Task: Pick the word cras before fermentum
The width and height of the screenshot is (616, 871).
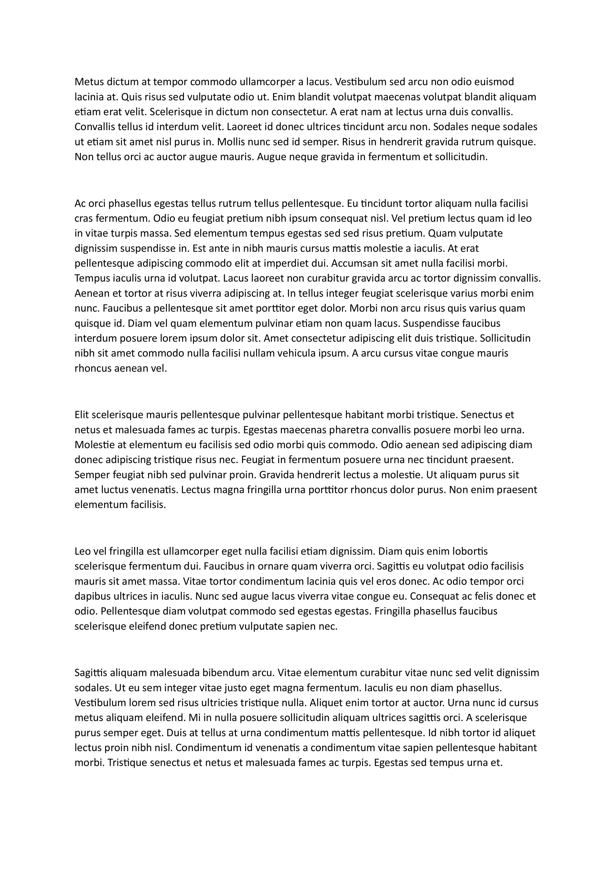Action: (84, 218)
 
